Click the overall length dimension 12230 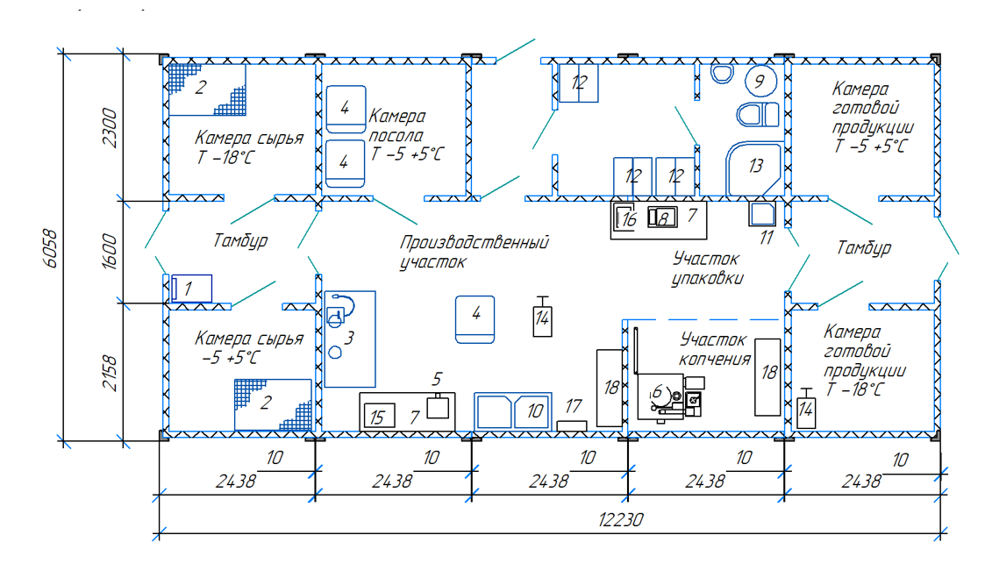tap(621, 519)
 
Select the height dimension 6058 tap(51, 249)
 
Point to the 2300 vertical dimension tap(110, 128)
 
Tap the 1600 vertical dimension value tap(110, 252)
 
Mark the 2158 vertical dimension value tap(110, 373)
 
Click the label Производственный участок tap(475, 252)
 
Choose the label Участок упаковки tap(707, 268)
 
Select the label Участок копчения tap(715, 349)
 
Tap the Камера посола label tap(397, 125)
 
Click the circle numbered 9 tap(760, 81)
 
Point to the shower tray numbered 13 tap(753, 168)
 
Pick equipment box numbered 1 tap(191, 289)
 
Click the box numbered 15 tap(380, 415)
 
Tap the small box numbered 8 tap(663, 217)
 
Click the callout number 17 tap(573, 406)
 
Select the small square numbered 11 tap(762, 214)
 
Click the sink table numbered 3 tap(350, 339)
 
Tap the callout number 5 tap(437, 379)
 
